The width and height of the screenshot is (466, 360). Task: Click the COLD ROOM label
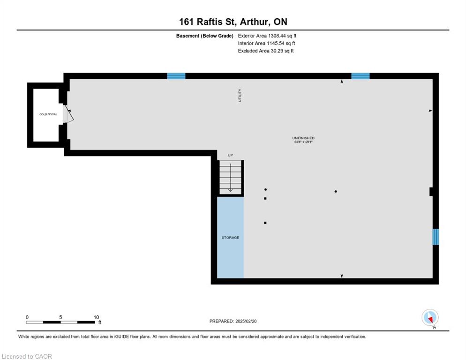click(x=48, y=114)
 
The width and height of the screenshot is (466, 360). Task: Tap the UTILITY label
click(x=240, y=96)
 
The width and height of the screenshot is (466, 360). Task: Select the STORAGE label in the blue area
click(x=230, y=238)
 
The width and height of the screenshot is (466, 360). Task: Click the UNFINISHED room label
click(x=303, y=138)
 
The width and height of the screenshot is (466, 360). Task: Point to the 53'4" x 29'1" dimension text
click(x=303, y=142)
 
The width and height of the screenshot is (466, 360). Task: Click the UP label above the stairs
click(x=230, y=155)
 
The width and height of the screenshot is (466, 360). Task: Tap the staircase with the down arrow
click(x=230, y=178)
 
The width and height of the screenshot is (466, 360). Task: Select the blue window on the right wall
click(x=436, y=237)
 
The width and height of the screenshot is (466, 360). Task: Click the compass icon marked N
click(x=430, y=318)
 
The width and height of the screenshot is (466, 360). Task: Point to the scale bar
click(x=60, y=322)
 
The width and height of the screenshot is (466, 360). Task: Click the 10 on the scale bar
click(x=96, y=317)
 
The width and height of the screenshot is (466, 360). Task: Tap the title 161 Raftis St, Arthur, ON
click(x=233, y=22)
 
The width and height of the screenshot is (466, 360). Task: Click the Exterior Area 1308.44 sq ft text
click(x=267, y=36)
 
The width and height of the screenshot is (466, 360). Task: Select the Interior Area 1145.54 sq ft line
click(x=267, y=44)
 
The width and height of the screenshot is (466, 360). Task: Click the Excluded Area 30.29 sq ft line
click(x=266, y=51)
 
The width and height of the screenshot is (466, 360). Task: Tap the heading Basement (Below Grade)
click(x=204, y=36)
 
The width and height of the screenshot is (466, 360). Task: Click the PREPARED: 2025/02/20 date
click(x=233, y=322)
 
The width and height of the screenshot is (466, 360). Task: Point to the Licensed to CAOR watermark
click(x=27, y=356)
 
